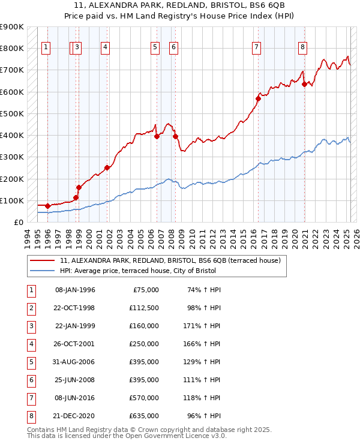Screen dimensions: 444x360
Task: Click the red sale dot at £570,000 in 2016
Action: tap(258, 98)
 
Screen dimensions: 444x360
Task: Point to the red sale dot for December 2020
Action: tap(304, 84)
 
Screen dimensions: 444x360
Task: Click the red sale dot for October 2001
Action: tap(107, 168)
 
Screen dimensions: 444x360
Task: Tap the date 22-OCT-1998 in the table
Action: tap(75, 308)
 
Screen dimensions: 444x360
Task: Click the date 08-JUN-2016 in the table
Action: tap(75, 398)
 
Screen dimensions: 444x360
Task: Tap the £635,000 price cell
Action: tap(144, 416)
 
